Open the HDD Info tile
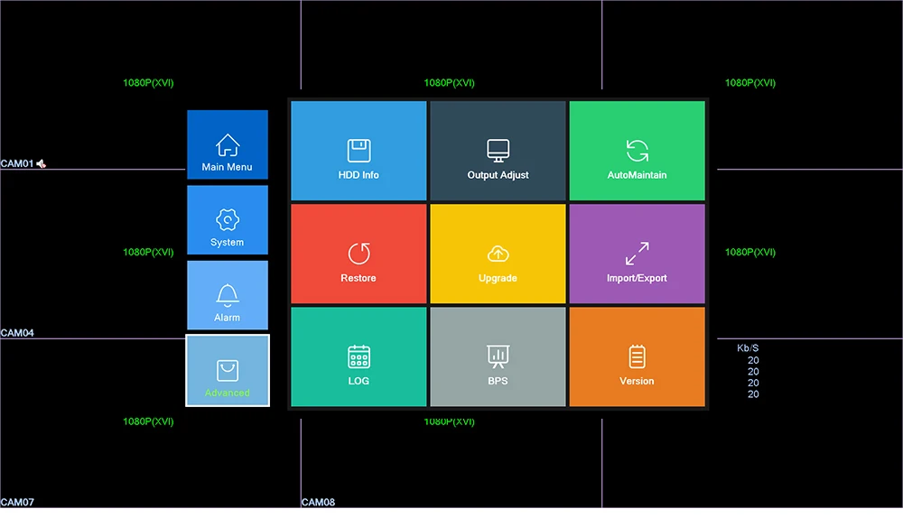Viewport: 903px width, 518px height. [x=358, y=151]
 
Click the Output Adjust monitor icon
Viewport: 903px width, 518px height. [x=498, y=150]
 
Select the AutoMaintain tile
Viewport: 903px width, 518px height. [x=637, y=151]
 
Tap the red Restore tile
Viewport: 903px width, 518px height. [x=358, y=254]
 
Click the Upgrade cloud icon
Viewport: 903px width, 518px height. [x=498, y=254]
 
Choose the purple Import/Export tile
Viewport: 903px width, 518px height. [x=637, y=254]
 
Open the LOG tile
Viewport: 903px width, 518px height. [x=358, y=356]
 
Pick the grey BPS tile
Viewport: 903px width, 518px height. [x=498, y=356]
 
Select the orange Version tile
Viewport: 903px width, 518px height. [x=637, y=356]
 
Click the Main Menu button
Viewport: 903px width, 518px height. [x=228, y=144]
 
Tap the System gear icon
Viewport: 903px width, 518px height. [x=228, y=219]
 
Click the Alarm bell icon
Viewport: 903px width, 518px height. [x=228, y=294]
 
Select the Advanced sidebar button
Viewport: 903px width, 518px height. [x=228, y=370]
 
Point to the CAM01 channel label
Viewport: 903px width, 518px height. [x=17, y=163]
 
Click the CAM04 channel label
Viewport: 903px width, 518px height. [x=17, y=333]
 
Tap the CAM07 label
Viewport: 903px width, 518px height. [x=17, y=502]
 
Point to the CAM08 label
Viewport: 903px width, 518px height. [x=318, y=502]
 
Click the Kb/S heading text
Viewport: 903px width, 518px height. [x=748, y=348]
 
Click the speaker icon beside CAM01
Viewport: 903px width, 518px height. [x=41, y=163]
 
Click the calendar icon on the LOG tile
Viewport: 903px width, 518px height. [x=358, y=356]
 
